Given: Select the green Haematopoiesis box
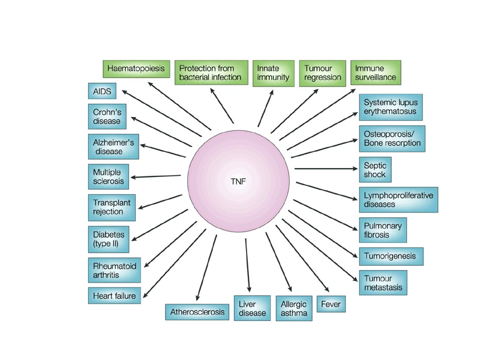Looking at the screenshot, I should pyautogui.click(x=136, y=68).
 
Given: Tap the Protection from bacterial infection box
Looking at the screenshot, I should pyautogui.click(x=211, y=73).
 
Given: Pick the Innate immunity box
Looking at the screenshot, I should pyautogui.click(x=273, y=73).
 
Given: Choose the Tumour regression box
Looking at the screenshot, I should pyautogui.click(x=322, y=73).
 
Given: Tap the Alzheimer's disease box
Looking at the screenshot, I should pyautogui.click(x=112, y=146).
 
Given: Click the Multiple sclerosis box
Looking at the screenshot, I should pyautogui.click(x=107, y=177).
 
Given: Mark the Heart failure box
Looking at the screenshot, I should pyautogui.click(x=114, y=295).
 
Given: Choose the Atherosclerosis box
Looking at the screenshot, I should pyautogui.click(x=197, y=312).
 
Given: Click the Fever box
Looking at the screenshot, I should pyautogui.click(x=331, y=304).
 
